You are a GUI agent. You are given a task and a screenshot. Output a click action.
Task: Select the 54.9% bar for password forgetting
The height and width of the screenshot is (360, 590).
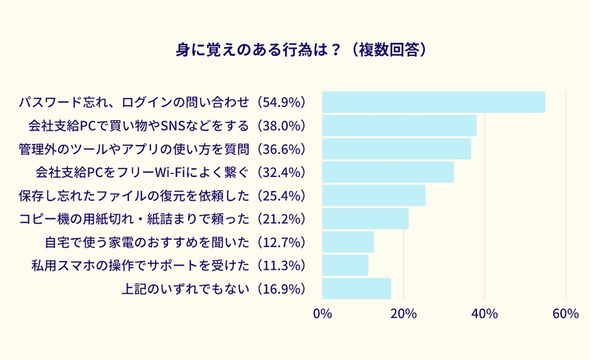tap(434, 102)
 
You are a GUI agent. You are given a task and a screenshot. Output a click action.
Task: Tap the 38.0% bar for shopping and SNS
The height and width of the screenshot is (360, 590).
tap(400, 125)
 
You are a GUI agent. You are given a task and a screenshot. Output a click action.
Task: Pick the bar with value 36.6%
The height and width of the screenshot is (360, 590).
tap(397, 149)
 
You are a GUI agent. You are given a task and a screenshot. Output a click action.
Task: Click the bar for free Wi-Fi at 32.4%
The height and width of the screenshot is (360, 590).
tap(389, 173)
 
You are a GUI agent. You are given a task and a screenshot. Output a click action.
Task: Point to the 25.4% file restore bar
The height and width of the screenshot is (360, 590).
tap(374, 195)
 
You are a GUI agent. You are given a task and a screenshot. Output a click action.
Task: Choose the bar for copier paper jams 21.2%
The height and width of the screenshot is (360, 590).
tap(366, 219)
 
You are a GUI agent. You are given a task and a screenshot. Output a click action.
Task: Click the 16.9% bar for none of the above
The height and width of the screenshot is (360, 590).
tap(357, 288)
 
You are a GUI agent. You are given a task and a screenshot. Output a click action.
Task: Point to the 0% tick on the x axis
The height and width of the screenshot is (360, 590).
tap(323, 314)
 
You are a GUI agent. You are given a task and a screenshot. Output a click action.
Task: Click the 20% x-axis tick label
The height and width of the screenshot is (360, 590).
tap(403, 314)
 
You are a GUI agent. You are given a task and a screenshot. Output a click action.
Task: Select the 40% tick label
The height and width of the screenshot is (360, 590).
tap(485, 314)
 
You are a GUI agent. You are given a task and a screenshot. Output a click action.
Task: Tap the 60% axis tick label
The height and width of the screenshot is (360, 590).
tap(565, 314)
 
